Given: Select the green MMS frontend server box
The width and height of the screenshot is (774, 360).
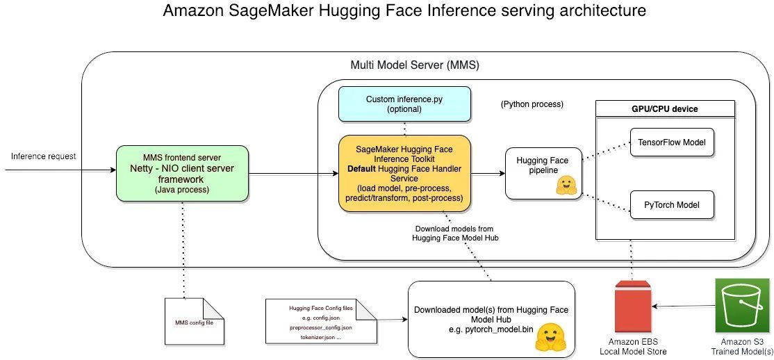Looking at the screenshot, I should pyautogui.click(x=182, y=174).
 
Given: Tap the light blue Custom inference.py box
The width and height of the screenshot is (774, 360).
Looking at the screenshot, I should pyautogui.click(x=404, y=104).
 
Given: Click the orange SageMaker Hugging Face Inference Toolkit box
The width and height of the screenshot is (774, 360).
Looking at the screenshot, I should pyautogui.click(x=404, y=173).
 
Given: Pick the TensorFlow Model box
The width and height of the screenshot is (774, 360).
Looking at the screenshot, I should pyautogui.click(x=672, y=142).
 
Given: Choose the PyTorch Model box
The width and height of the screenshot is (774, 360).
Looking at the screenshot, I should pyautogui.click(x=672, y=205).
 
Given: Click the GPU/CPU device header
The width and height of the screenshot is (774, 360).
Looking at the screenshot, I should pyautogui.click(x=665, y=109).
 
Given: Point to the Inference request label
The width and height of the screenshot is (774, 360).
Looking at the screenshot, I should pyautogui.click(x=43, y=156).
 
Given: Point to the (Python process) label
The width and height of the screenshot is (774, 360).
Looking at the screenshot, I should pyautogui.click(x=532, y=104).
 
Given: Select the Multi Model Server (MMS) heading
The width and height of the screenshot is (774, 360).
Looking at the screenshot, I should pyautogui.click(x=415, y=65).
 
